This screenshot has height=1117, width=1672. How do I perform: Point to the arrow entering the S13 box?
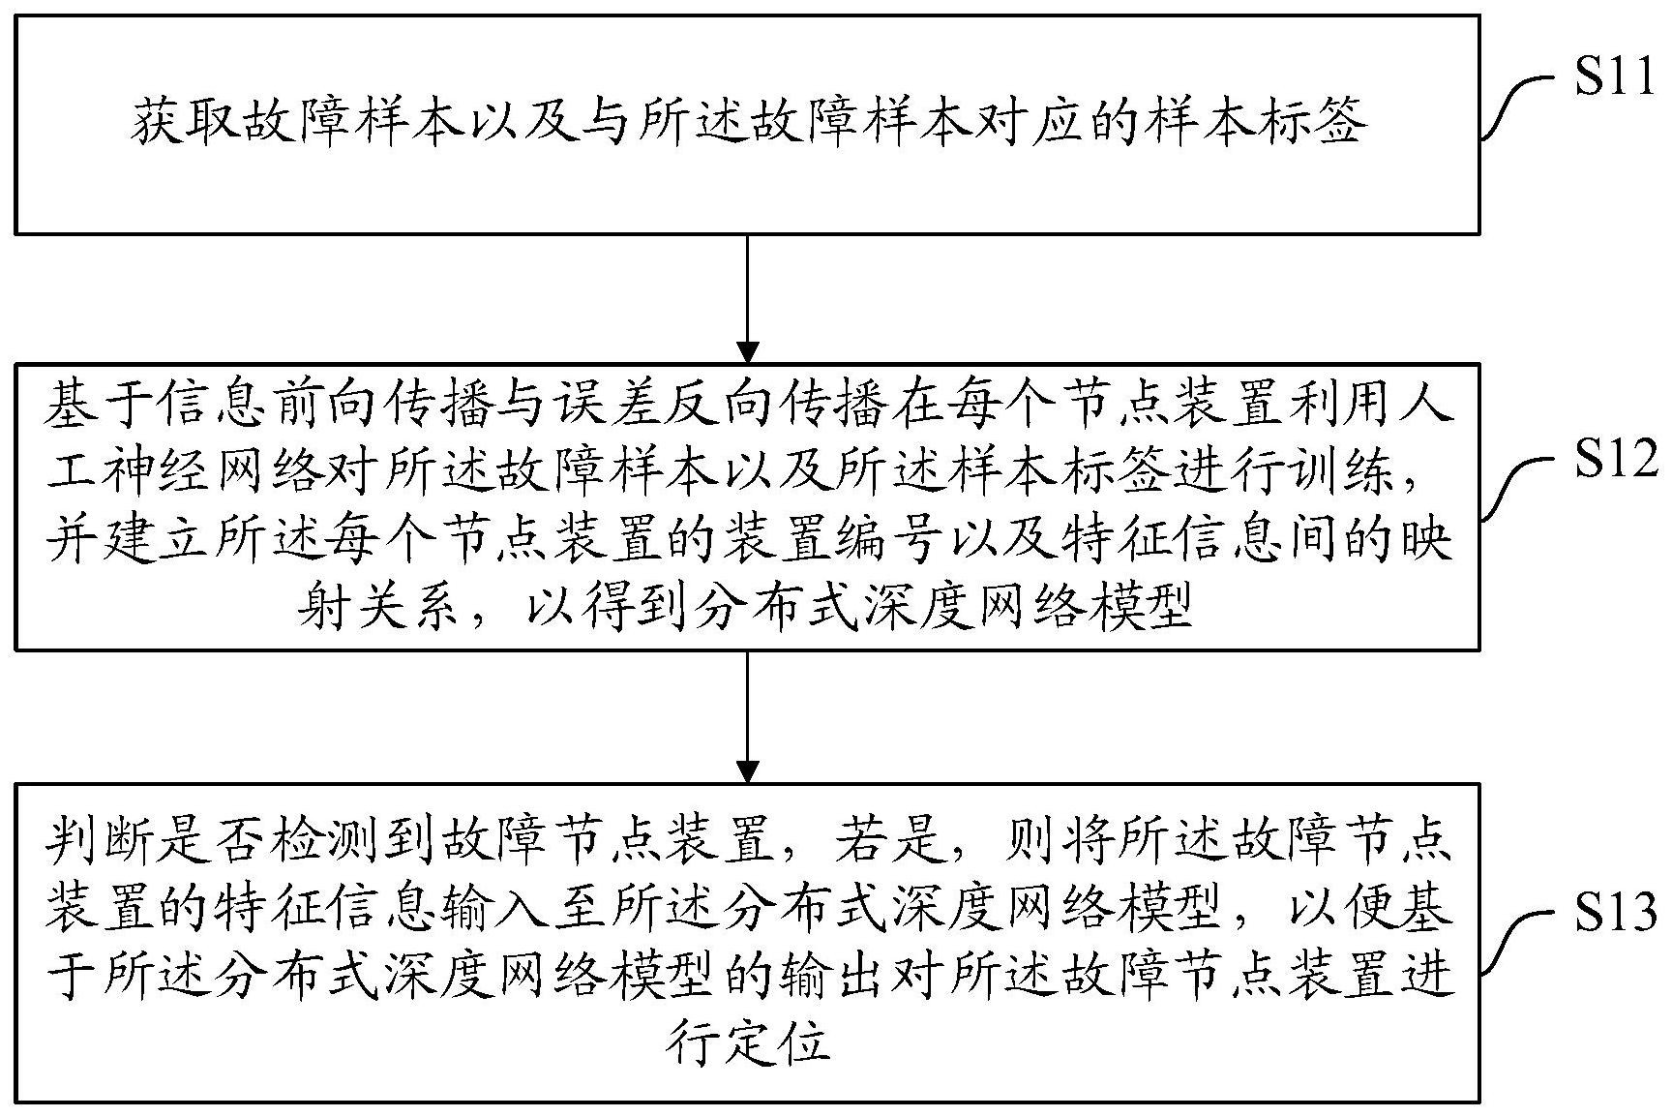(x=747, y=716)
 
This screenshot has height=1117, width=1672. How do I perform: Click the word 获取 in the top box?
(x=184, y=124)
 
